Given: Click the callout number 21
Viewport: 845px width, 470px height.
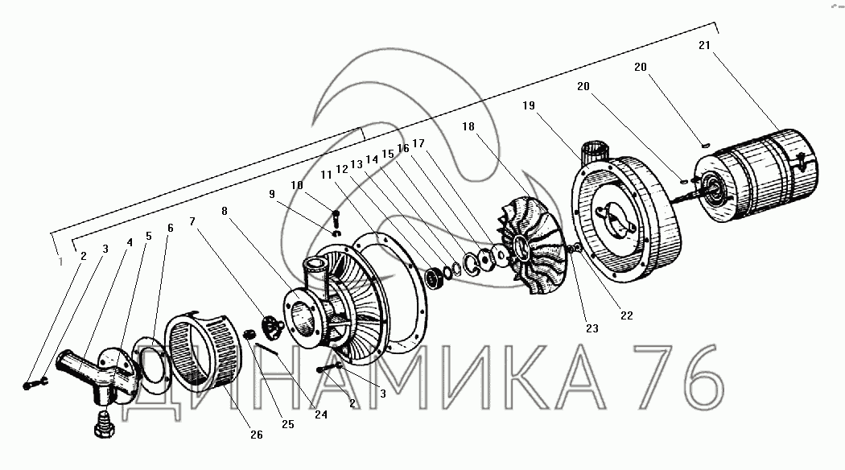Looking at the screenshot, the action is click(x=704, y=45).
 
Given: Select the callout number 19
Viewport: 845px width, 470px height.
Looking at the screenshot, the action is click(x=528, y=105).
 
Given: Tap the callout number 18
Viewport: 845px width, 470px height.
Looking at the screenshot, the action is click(x=468, y=126).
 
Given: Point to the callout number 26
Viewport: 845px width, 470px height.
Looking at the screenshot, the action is click(x=257, y=435).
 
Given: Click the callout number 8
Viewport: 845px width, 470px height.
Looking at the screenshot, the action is click(x=225, y=211).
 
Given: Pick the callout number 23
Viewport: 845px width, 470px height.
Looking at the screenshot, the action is click(x=591, y=328).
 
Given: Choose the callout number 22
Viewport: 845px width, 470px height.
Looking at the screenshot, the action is click(x=626, y=315).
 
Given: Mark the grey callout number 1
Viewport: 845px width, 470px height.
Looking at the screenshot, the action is click(x=60, y=262).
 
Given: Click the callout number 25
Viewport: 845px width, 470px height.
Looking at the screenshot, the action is click(x=288, y=424).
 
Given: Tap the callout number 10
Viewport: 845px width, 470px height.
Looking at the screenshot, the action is click(x=297, y=185).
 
